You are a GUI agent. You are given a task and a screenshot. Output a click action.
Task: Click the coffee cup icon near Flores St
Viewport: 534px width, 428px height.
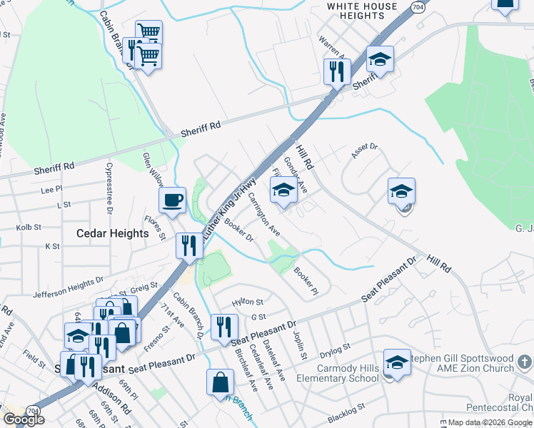coord(172,200)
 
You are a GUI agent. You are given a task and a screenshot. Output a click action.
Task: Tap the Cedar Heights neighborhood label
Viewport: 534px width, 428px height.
coord(114,233)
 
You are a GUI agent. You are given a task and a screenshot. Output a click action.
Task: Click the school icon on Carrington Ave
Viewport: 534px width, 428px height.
coord(283,190)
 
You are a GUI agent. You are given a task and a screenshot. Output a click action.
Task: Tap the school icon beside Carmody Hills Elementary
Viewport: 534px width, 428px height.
coord(397,362)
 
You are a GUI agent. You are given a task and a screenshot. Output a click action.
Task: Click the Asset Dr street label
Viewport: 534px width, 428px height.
coord(364,149)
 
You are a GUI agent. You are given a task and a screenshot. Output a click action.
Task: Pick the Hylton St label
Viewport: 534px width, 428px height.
coord(248,302)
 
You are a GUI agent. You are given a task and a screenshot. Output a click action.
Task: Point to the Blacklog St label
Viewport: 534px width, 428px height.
coord(346,412)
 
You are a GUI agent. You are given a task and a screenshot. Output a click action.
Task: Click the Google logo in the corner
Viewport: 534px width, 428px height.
coord(23,419)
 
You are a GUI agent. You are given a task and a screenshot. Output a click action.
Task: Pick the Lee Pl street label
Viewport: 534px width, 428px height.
coord(51,190)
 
